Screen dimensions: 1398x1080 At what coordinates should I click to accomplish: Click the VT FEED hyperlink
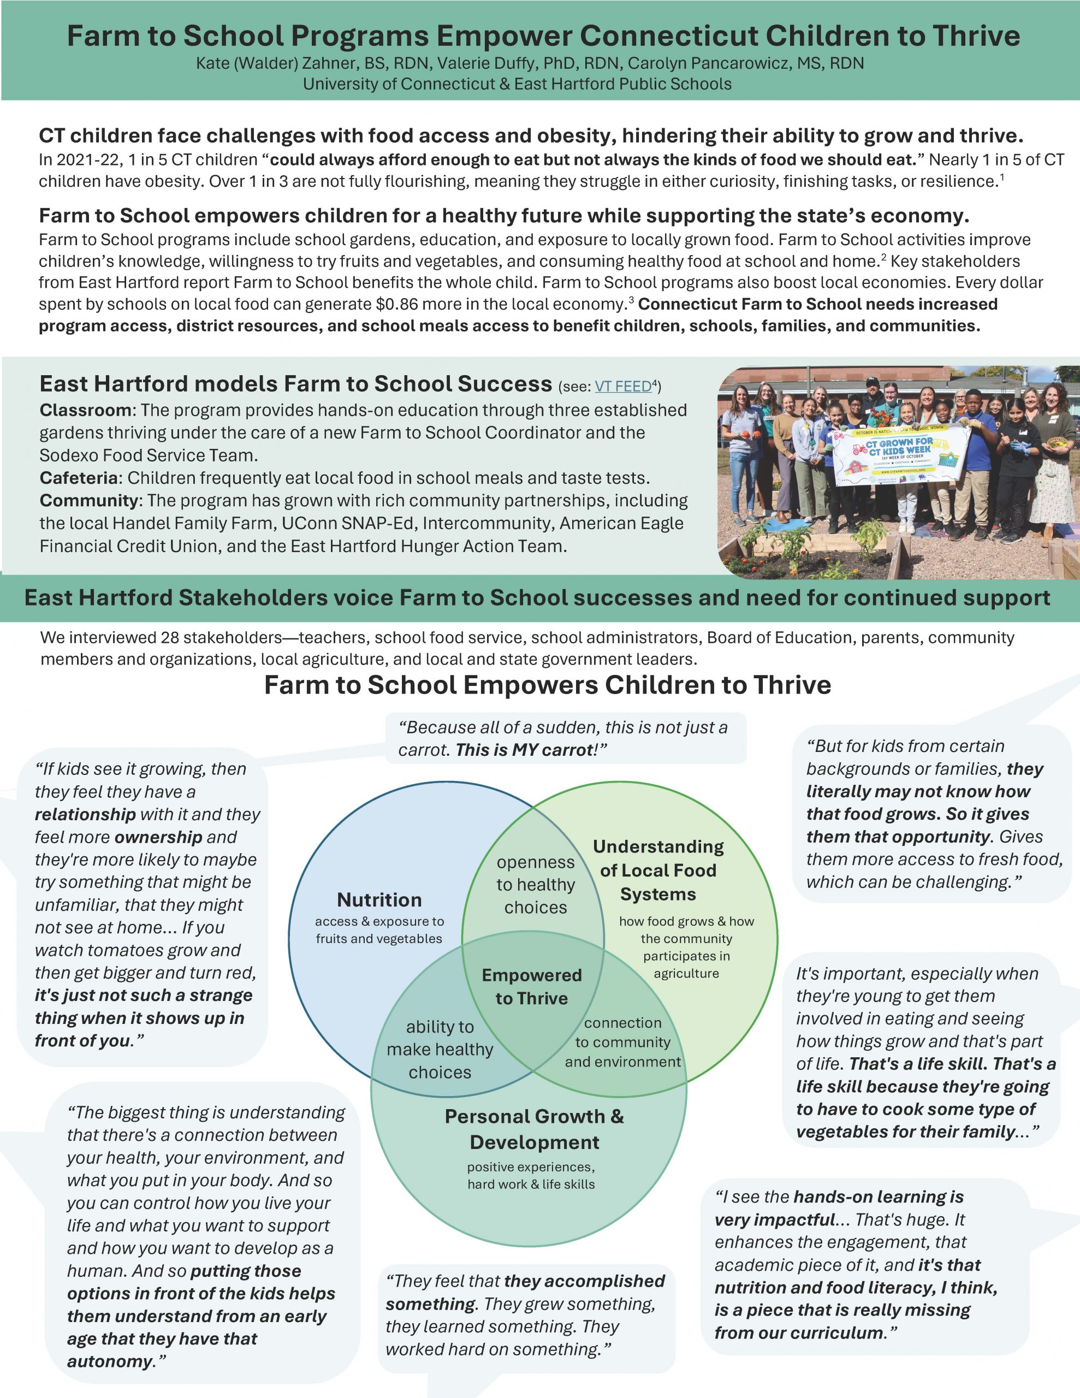click(x=623, y=386)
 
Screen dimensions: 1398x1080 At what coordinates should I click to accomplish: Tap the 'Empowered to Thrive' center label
click(x=532, y=986)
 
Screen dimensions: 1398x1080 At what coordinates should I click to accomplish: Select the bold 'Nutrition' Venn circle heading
click(x=379, y=899)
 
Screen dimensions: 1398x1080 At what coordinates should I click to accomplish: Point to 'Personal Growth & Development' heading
click(x=534, y=1129)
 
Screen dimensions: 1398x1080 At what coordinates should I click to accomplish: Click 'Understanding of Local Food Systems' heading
click(x=658, y=870)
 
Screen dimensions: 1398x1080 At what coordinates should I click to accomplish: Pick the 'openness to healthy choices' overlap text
click(x=536, y=885)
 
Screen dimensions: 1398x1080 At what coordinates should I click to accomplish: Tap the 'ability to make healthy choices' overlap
click(x=440, y=1049)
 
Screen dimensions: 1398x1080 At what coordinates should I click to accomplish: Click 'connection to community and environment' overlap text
click(x=623, y=1042)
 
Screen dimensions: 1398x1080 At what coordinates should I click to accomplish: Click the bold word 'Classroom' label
click(x=85, y=410)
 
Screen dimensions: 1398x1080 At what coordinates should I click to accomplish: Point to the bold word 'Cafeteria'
click(x=79, y=478)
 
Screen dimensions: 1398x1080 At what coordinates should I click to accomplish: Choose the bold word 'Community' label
click(x=89, y=501)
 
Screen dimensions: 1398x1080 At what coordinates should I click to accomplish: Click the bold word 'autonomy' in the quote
click(x=110, y=1361)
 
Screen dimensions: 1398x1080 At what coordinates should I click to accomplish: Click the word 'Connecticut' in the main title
click(x=668, y=36)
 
